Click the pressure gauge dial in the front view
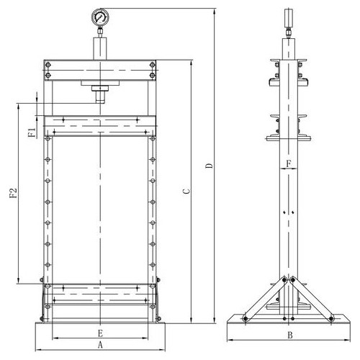(100, 17)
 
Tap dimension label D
(209, 166)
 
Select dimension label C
(186, 192)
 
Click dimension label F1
(32, 132)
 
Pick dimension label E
(100, 333)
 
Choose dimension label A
(100, 345)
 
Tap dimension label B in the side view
(290, 335)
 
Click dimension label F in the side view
(289, 164)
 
